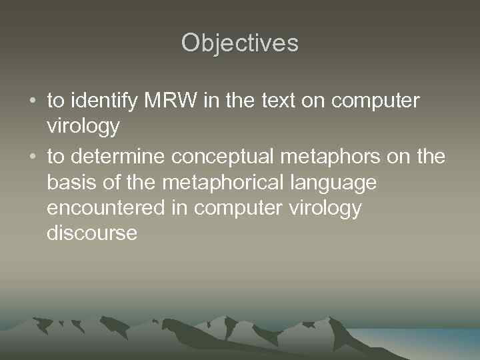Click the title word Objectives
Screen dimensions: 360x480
coord(240,43)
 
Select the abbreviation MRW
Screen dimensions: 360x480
coord(162,101)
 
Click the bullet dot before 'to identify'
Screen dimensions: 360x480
coord(33,101)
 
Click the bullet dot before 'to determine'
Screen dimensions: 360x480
coord(33,157)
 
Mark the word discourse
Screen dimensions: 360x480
coord(92,233)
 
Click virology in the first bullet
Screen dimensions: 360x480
coord(83,126)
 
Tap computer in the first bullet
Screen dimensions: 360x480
coord(375,101)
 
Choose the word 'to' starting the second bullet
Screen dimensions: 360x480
coord(55,157)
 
